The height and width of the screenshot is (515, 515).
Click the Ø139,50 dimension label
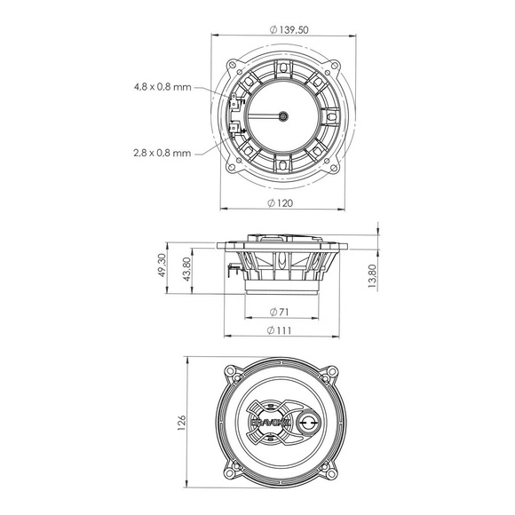(289, 30)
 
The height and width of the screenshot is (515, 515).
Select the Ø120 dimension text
(280, 203)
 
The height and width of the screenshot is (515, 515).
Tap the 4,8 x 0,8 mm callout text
(162, 87)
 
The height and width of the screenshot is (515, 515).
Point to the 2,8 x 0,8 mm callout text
(162, 153)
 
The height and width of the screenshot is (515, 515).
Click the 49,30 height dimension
(162, 265)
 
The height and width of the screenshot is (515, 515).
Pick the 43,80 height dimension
(186, 269)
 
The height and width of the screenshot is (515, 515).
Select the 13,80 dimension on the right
(372, 276)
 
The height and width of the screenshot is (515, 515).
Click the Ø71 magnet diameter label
(279, 312)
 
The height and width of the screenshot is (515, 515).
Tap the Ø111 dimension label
(279, 330)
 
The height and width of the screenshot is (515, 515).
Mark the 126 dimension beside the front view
(181, 423)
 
